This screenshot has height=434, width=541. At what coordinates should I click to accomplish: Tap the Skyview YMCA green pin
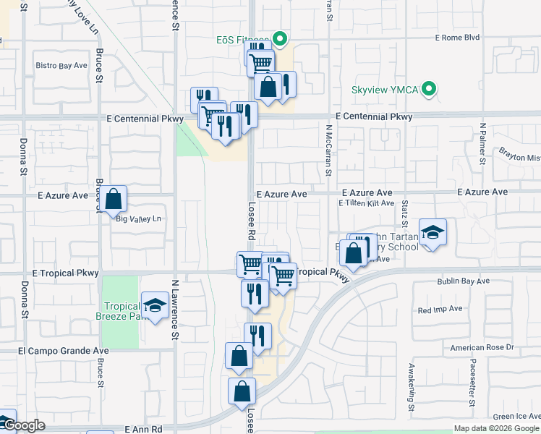point(430,90)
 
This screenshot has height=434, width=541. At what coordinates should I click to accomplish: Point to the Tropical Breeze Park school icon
point(155,306)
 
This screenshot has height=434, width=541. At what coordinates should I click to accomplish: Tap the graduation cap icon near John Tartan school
point(433,232)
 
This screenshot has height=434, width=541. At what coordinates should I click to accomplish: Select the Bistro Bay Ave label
point(61,65)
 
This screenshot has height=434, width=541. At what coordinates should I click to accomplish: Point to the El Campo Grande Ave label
point(64,351)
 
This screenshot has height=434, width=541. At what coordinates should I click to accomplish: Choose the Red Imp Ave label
point(440,309)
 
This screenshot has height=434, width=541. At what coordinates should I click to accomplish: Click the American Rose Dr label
point(481,347)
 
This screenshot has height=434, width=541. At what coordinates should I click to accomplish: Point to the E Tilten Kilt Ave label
point(366,204)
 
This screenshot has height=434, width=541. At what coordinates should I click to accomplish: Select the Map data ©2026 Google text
point(497,428)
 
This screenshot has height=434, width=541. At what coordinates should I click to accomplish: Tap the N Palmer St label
point(482,145)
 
